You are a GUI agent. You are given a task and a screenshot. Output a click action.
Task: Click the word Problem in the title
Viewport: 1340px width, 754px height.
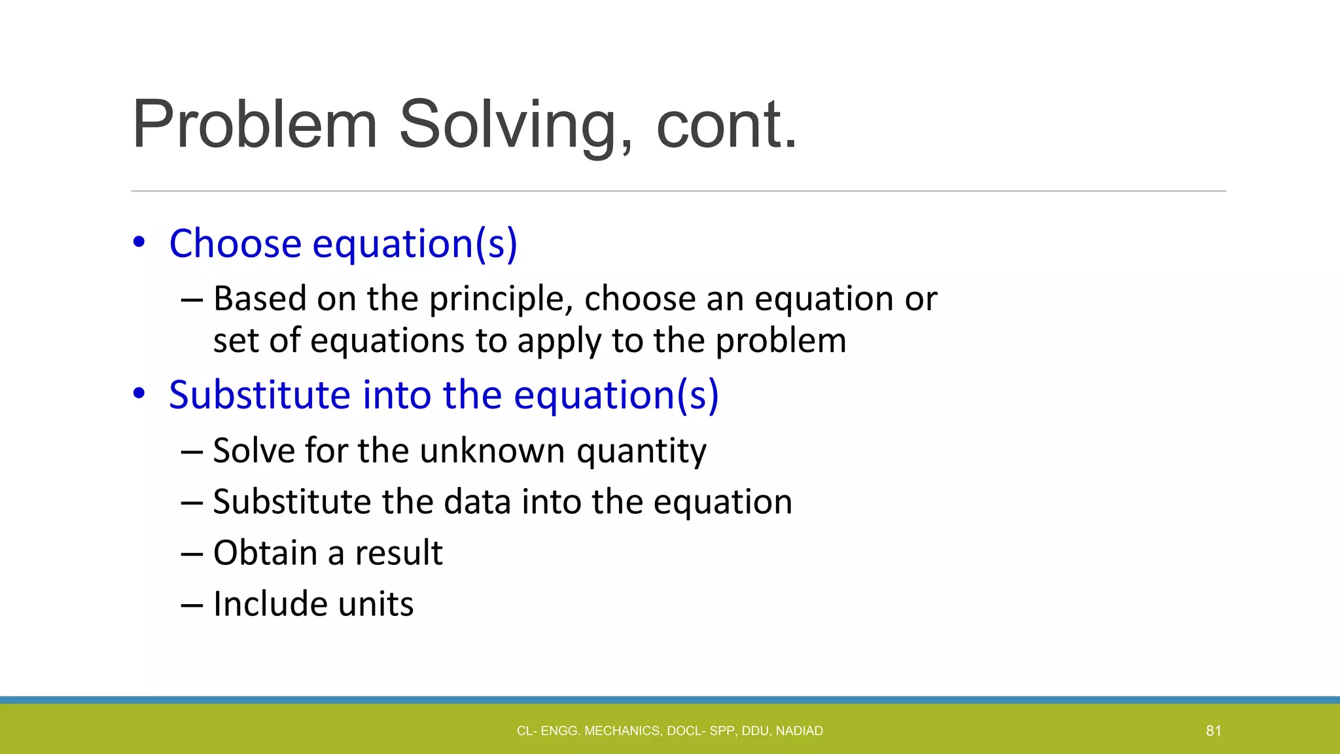pos(255,124)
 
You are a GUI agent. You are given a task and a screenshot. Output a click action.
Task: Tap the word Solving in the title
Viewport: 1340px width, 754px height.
pos(508,124)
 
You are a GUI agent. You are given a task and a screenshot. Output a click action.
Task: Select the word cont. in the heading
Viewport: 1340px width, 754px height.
pos(726,124)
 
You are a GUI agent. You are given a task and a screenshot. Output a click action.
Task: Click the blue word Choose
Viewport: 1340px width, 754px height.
pos(235,243)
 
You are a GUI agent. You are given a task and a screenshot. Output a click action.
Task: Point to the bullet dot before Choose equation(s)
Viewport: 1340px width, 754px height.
pos(139,243)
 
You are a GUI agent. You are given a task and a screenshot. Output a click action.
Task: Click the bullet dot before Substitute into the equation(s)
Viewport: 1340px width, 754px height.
pos(139,394)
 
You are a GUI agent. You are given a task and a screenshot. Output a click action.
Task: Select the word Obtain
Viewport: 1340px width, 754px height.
pos(265,553)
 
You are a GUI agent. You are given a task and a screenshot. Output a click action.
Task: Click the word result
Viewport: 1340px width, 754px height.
pos(398,553)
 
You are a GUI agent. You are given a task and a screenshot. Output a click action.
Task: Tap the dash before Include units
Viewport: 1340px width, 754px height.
pos(192,605)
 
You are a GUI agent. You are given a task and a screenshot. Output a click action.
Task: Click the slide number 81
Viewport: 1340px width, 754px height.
pos(1213,730)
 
